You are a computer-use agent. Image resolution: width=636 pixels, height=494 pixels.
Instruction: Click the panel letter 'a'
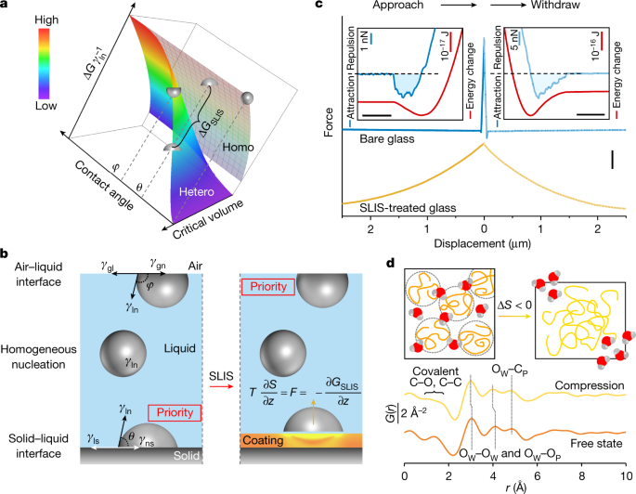click(x=6, y=8)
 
